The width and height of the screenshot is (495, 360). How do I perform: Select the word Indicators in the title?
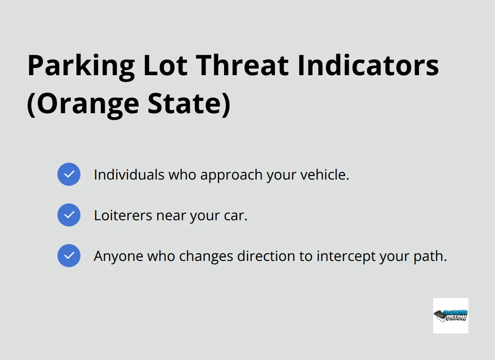[x=368, y=65]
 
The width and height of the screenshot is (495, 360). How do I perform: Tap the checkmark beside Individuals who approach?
[x=69, y=174]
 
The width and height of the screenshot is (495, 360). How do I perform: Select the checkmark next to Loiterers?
[x=69, y=215]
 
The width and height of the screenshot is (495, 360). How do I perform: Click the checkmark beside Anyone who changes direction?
[x=69, y=256]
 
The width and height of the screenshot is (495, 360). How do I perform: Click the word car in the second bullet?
[x=237, y=216]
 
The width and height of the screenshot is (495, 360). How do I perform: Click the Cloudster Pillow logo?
[x=450, y=315]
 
